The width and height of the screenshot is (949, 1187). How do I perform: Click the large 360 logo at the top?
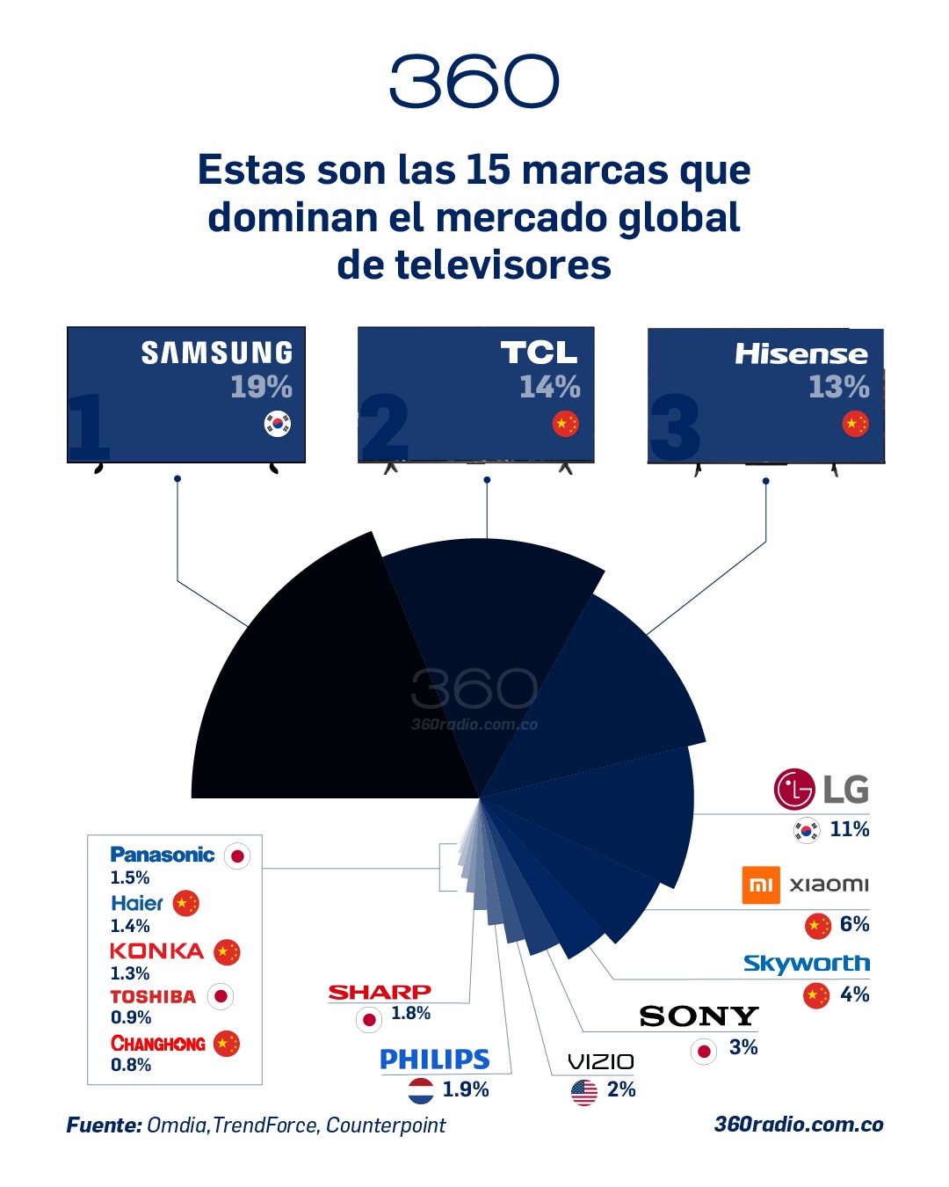(474, 81)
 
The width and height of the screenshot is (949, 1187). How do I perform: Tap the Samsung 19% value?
(261, 387)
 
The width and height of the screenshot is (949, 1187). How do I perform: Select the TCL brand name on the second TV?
(539, 353)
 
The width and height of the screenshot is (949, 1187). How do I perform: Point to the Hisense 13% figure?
(838, 387)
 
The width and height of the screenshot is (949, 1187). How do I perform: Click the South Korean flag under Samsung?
(278, 424)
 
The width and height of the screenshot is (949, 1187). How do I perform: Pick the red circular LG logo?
(794, 789)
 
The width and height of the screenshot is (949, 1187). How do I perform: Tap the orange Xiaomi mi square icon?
(761, 885)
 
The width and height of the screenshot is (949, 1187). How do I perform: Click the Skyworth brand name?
(807, 964)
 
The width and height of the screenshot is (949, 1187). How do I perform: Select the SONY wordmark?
(699, 1016)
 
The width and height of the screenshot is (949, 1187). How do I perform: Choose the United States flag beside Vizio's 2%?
(584, 1092)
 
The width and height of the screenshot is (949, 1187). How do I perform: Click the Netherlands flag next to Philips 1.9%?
(421, 1091)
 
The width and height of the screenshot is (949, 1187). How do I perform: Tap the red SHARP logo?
(380, 992)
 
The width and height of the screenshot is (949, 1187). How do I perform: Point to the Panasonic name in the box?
(163, 855)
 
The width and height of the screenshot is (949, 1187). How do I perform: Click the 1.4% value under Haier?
(130, 926)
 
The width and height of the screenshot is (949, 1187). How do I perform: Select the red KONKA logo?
(156, 950)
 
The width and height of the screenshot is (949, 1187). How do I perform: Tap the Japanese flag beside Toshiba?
(221, 996)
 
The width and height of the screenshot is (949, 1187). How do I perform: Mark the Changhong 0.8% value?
(131, 1065)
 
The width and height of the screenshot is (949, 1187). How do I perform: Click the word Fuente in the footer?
(104, 1125)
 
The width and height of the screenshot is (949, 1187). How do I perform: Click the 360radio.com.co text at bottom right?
(799, 1125)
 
